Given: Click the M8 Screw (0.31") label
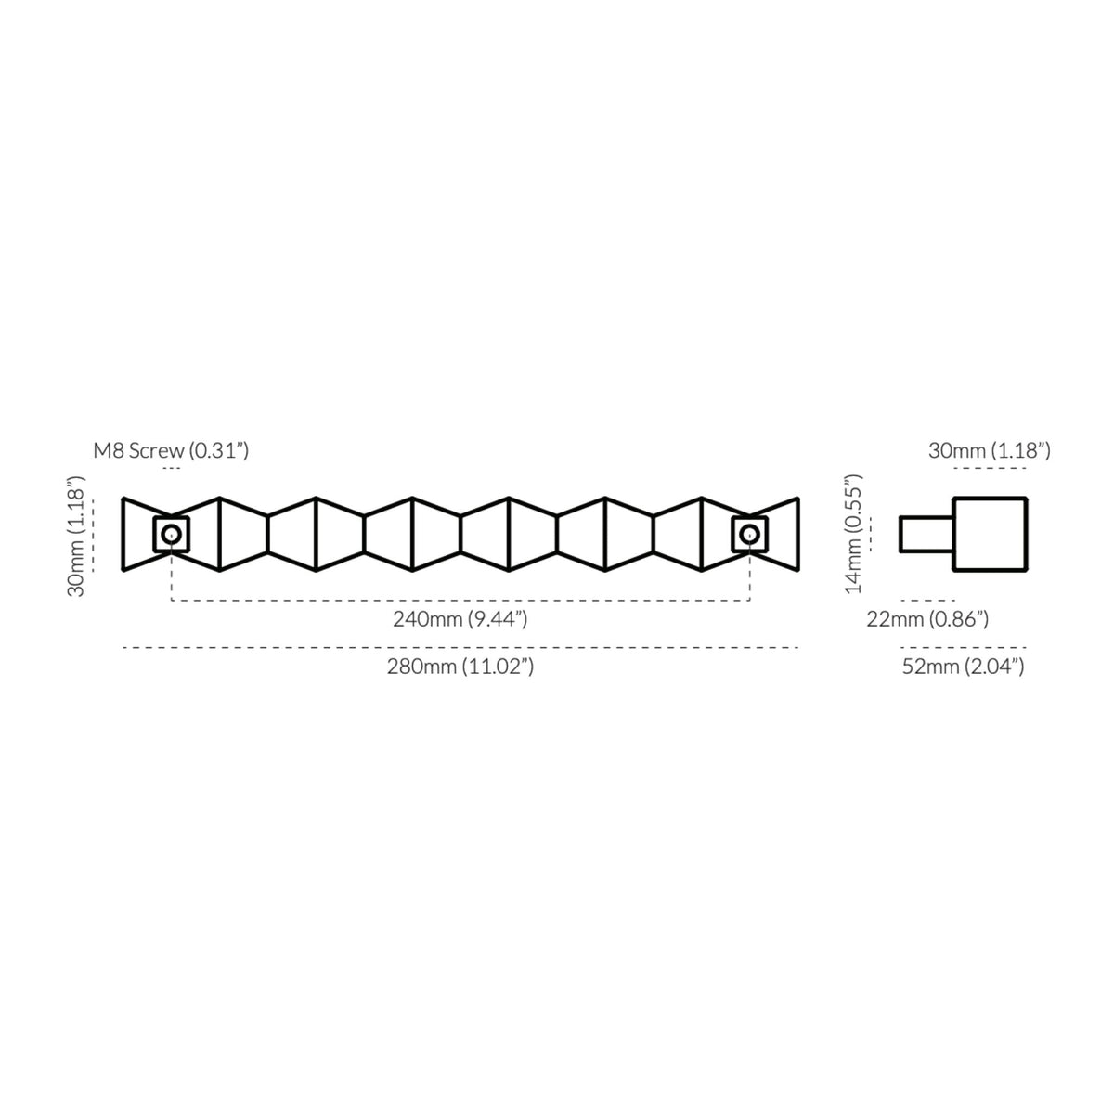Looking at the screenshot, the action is pyautogui.click(x=171, y=450).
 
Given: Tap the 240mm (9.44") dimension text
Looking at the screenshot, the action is pyautogui.click(x=460, y=619).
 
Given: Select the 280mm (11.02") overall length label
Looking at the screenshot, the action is pyautogui.click(x=460, y=667).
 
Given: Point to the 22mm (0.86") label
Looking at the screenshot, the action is pyautogui.click(x=927, y=619).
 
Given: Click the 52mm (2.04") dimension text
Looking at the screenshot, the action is pyautogui.click(x=963, y=667).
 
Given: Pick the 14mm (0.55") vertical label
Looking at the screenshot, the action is pyautogui.click(x=853, y=534).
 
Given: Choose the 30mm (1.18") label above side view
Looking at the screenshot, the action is pyautogui.click(x=990, y=450).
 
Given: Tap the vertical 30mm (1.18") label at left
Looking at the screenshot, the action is pyautogui.click(x=76, y=537).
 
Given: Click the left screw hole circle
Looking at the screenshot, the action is pyautogui.click(x=171, y=534).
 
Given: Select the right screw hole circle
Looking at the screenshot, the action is pyautogui.click(x=750, y=534).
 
